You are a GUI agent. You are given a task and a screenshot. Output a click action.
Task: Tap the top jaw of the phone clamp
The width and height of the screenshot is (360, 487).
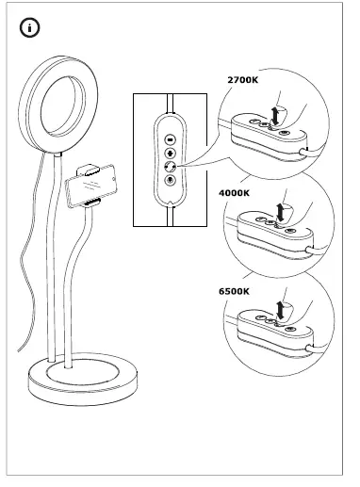tap(90, 170)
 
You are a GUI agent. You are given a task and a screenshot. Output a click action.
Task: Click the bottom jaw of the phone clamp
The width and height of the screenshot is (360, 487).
tap(90, 203)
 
